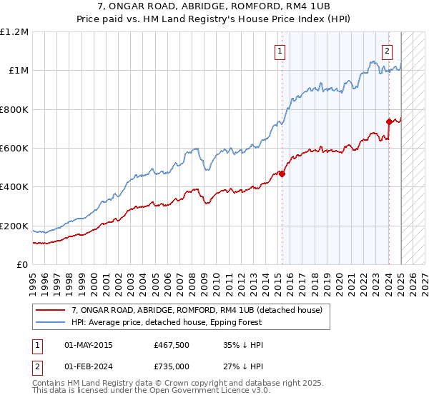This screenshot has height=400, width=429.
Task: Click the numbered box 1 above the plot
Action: [x=279, y=51]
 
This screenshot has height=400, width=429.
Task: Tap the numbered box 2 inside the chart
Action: [x=387, y=51]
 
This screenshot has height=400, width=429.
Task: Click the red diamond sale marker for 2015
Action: [x=282, y=174]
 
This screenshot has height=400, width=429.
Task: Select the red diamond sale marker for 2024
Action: [x=389, y=121]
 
